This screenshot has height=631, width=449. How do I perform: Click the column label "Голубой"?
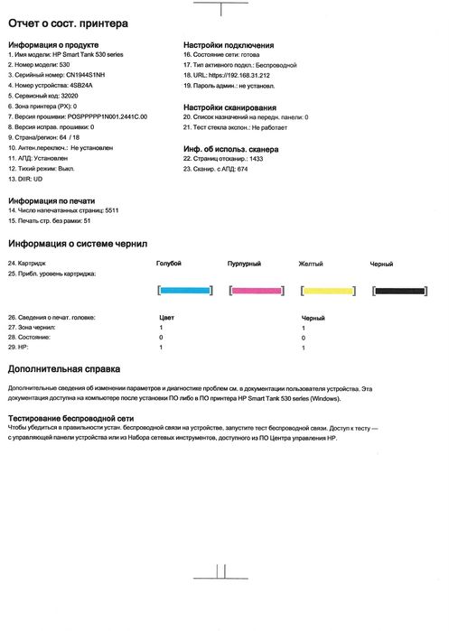(x=169, y=263)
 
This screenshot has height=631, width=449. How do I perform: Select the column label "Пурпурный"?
(x=244, y=264)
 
